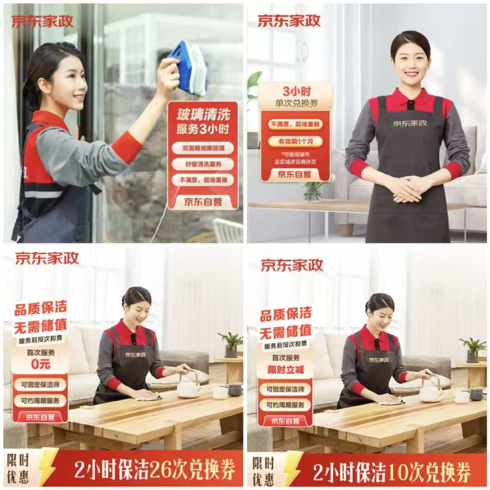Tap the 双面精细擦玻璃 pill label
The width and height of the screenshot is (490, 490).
coord(203,148)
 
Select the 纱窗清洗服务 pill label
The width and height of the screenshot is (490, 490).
coord(203,164)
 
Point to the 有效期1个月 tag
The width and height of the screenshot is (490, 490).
coord(295,141)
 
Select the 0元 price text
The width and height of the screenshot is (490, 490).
coord(41,364)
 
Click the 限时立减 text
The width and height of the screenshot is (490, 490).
coord(286,369)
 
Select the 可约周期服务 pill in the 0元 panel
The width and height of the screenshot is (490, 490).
coord(40,401)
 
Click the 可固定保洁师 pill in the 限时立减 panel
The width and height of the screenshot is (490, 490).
coord(285,389)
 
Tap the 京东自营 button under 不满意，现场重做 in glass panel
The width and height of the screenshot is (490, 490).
coord(203,201)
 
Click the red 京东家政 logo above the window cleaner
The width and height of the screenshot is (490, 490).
coord(42,21)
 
